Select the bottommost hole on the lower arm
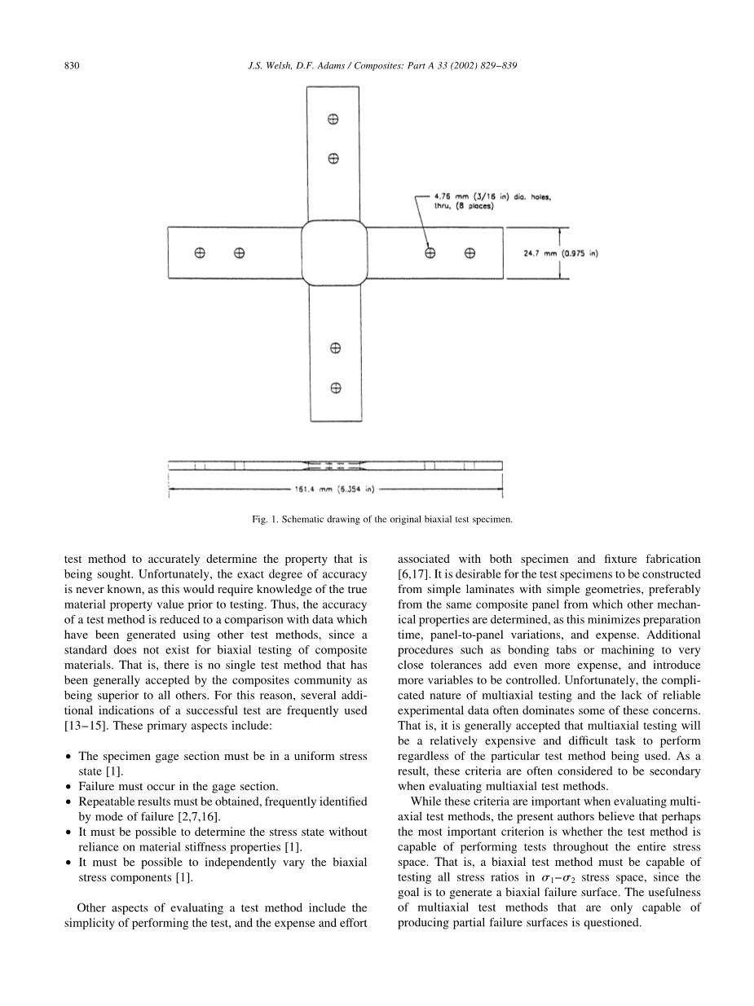click(x=334, y=388)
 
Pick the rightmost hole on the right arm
click(x=470, y=253)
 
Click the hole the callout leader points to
click(x=430, y=253)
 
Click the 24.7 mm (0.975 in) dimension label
click(x=561, y=253)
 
